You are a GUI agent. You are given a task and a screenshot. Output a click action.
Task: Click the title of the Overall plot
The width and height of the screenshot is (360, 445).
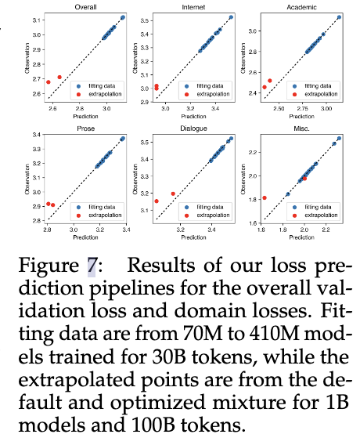point(85,7)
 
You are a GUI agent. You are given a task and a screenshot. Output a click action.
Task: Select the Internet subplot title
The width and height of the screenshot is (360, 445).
point(193,7)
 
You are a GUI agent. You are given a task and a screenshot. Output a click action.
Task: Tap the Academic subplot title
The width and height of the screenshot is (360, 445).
point(301,7)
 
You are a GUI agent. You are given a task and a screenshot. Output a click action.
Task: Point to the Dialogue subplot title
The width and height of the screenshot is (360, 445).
point(193,128)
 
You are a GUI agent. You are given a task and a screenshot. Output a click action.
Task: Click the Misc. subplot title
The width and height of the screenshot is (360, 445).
point(301,128)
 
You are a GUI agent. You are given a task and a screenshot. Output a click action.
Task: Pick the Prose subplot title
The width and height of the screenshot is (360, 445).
point(85,128)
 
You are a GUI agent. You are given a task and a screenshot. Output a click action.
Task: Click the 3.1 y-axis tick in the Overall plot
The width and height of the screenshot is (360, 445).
point(37,20)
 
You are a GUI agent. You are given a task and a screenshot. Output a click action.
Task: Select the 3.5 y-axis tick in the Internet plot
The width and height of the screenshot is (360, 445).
point(145,20)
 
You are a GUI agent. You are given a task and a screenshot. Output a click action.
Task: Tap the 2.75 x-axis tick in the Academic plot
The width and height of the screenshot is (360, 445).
point(302,108)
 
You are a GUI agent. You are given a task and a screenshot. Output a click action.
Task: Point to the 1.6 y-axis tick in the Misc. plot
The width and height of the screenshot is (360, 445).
point(253,223)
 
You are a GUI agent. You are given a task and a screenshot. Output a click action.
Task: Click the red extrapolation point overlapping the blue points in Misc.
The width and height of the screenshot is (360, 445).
point(304,179)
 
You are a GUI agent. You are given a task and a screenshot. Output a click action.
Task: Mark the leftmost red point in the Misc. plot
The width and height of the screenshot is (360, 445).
point(265,197)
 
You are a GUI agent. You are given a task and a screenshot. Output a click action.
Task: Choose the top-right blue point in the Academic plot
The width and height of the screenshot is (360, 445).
point(339,17)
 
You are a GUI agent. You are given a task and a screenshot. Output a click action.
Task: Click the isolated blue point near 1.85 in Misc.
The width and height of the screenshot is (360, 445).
point(288,194)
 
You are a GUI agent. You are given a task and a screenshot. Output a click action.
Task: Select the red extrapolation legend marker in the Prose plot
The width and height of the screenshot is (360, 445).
point(78,215)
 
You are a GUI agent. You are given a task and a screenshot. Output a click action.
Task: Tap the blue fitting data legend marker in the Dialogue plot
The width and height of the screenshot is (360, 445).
point(186,208)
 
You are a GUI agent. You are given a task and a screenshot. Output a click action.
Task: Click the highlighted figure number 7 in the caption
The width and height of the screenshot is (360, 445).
point(92,266)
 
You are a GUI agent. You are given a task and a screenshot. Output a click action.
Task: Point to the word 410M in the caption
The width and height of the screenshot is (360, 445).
point(274,333)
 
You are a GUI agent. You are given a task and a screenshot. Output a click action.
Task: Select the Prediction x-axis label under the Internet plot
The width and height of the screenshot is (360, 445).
point(193,117)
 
